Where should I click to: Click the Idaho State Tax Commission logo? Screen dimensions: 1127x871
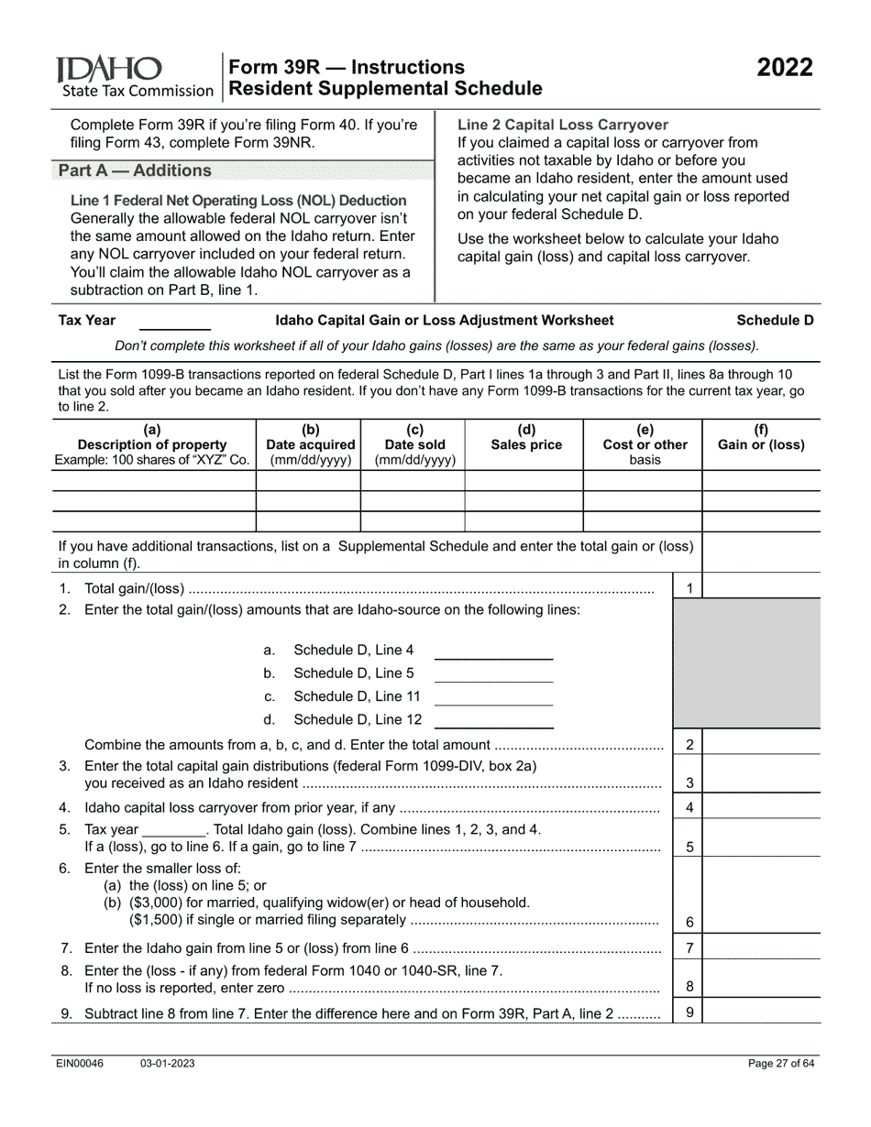pos(134,77)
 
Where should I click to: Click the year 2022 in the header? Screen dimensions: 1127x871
pos(784,69)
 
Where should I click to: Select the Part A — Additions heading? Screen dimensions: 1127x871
pos(135,170)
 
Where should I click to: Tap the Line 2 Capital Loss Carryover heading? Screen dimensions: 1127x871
pos(563,125)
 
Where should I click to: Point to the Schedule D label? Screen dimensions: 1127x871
pos(775,321)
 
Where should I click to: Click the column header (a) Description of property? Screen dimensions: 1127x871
pos(152,444)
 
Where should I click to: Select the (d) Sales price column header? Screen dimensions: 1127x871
pos(526,437)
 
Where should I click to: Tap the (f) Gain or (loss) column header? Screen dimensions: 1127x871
pos(761,437)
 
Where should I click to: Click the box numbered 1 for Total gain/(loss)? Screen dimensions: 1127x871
pos(689,588)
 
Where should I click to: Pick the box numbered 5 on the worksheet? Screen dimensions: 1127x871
pos(689,848)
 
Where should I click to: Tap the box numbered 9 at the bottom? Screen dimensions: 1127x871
pos(689,1012)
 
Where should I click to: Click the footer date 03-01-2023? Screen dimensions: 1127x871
pos(168,1064)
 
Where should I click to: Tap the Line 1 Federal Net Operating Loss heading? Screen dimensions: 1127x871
pos(238,201)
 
